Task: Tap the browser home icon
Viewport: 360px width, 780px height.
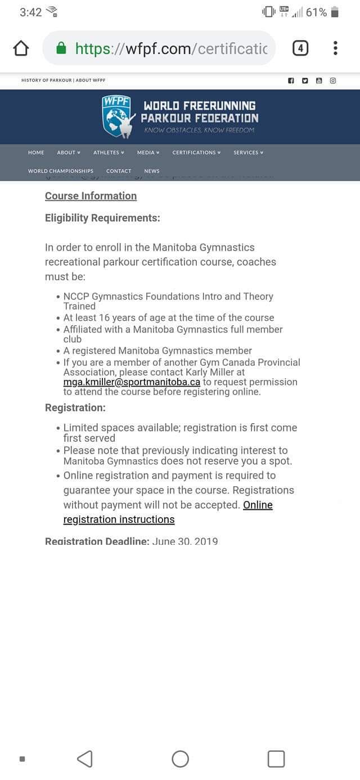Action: click(x=21, y=48)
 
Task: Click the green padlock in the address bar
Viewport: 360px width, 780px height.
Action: click(x=62, y=48)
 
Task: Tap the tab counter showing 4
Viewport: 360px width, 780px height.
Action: click(x=300, y=48)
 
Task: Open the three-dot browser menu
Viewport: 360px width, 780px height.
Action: click(x=335, y=48)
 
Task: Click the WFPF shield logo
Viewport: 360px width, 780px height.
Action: click(x=117, y=116)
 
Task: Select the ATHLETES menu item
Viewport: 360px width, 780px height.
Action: click(x=108, y=153)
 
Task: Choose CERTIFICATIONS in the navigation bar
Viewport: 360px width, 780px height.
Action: click(x=196, y=153)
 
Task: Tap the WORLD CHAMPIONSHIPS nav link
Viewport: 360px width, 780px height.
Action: click(x=61, y=171)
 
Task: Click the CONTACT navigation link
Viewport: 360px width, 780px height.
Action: click(x=119, y=171)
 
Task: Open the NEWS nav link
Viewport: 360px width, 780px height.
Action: click(x=152, y=171)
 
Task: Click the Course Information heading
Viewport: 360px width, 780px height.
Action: click(x=91, y=196)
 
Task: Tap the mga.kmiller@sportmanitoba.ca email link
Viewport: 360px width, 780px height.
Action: click(x=132, y=382)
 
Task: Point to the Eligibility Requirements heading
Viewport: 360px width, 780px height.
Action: click(x=102, y=218)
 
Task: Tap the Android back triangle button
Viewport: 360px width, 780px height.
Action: click(x=84, y=759)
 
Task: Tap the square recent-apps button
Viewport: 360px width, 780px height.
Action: click(x=276, y=759)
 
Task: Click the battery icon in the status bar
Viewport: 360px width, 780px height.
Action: click(x=335, y=12)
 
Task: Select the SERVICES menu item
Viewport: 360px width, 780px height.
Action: click(x=248, y=153)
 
